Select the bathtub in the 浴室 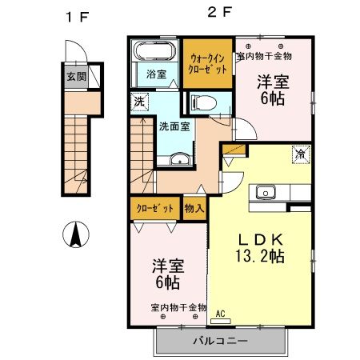click(154, 53)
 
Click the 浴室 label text click(156, 74)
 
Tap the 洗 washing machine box click(140, 102)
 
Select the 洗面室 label click(173, 126)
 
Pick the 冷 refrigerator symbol click(300, 154)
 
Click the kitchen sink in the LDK click(266, 192)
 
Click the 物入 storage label click(194, 207)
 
